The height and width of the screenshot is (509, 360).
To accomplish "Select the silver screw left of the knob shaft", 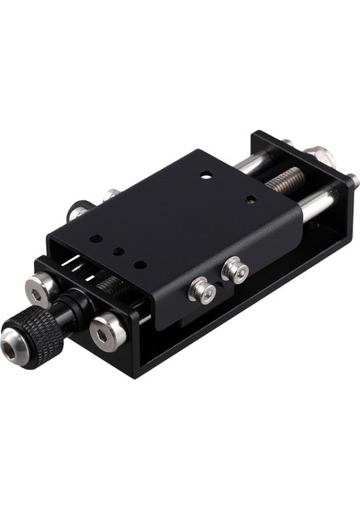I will coord(37,290).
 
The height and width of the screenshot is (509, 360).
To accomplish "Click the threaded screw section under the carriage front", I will coord(110,288).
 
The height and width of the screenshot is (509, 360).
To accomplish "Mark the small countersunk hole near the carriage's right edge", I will coord(250,200).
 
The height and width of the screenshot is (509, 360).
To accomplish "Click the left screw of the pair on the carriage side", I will coord(203,290).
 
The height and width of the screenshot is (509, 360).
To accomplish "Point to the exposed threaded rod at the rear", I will coord(285,179).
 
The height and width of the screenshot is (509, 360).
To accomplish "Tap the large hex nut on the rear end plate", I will coord(322,155).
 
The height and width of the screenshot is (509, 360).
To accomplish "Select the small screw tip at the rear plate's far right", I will coord(352,180).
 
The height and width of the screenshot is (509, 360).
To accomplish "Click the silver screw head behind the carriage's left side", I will coord(111,196).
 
